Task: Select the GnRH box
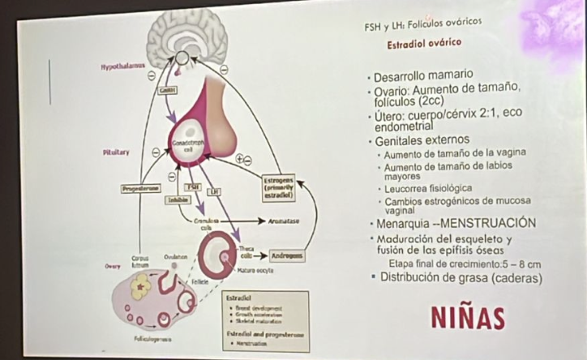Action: [x=169, y=90]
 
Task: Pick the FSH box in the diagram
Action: [x=192, y=187]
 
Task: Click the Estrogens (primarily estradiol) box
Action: [x=278, y=187]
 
